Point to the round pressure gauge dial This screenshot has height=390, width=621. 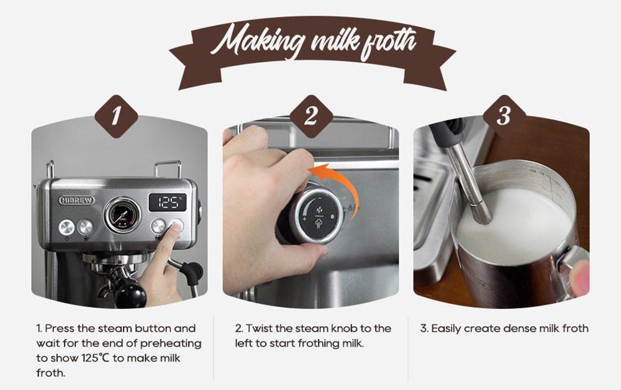coord(121,215)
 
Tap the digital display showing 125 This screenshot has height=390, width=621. coord(168,202)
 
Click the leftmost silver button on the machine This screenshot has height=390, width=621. coord(66,227)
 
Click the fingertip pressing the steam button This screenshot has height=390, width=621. coord(176,228)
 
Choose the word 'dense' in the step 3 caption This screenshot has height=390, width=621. coord(512,328)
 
